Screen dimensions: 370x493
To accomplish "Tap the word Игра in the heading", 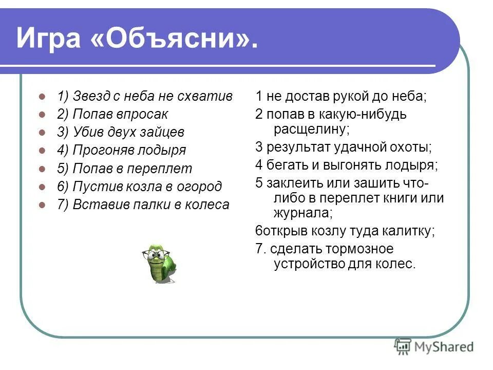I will (x=49, y=39).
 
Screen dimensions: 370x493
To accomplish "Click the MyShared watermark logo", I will (x=434, y=347).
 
